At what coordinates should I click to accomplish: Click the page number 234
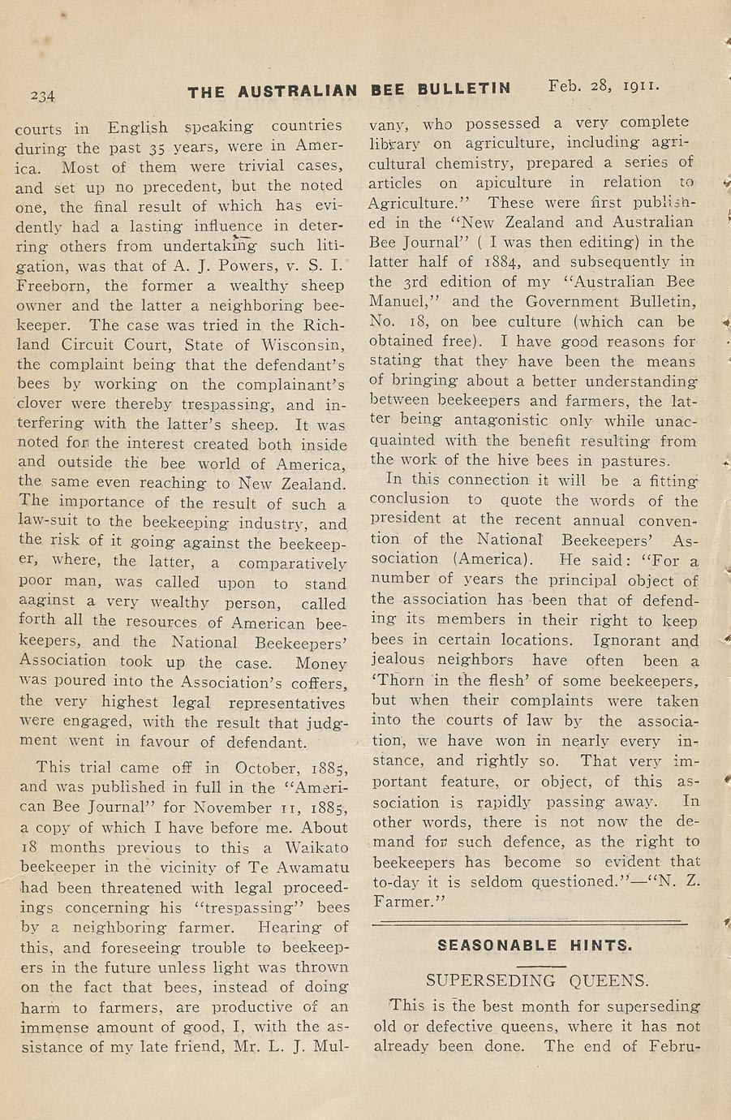click(x=42, y=96)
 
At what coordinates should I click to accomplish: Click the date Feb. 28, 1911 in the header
click(x=604, y=85)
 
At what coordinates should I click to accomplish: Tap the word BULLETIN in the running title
click(x=464, y=90)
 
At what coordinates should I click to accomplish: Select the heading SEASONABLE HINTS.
click(x=535, y=946)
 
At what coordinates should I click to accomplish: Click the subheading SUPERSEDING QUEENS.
click(x=537, y=980)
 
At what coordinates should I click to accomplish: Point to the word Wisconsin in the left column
click(x=304, y=344)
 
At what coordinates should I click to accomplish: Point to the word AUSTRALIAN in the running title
click(x=297, y=92)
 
